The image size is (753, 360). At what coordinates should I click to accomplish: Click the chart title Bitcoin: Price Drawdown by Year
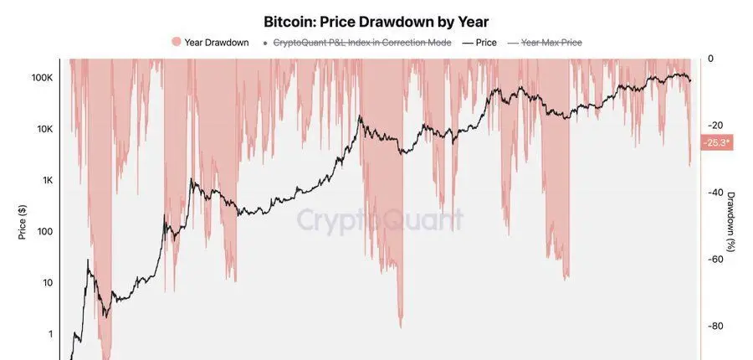(x=376, y=22)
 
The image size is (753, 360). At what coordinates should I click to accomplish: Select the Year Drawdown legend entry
(x=216, y=43)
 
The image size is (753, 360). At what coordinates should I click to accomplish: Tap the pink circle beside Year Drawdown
(x=175, y=43)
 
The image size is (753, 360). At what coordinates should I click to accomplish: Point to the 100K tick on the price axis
(x=43, y=77)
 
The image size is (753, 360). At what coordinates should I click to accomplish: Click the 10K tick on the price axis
(x=45, y=129)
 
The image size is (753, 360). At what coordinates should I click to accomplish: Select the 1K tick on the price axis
(x=48, y=180)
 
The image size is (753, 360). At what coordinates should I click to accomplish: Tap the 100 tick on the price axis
(x=46, y=232)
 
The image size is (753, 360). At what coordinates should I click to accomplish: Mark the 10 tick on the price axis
(x=49, y=283)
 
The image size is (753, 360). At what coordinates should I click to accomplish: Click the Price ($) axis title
(x=23, y=223)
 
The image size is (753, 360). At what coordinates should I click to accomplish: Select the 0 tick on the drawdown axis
(x=711, y=59)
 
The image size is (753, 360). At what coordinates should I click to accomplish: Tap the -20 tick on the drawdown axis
(x=715, y=126)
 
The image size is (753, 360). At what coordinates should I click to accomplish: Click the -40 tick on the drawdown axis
(x=715, y=193)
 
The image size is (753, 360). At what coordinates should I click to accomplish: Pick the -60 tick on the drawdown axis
(x=715, y=260)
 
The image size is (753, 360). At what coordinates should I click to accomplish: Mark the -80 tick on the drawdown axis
(x=715, y=327)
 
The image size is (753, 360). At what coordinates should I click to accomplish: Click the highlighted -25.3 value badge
(x=717, y=143)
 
